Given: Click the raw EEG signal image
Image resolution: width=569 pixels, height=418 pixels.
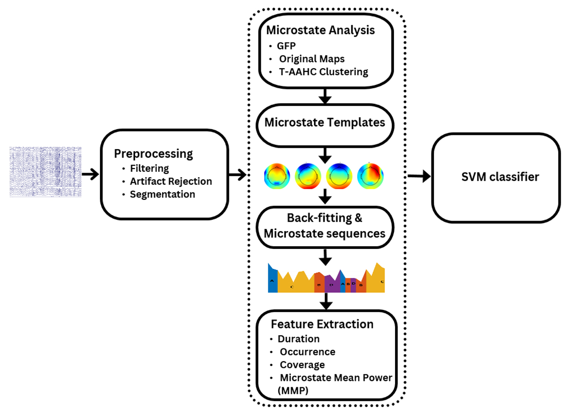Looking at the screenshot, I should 46,171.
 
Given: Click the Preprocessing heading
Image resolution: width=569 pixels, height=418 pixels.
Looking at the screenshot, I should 153,154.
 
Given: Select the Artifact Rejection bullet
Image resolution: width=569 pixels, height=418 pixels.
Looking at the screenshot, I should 171,181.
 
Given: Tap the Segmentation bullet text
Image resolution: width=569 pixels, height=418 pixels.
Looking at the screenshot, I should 162,194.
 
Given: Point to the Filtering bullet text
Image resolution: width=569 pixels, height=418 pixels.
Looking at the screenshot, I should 149,169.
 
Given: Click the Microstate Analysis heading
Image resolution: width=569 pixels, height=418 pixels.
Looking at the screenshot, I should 321,30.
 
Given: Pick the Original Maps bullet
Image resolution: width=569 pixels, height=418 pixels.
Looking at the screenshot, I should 312,59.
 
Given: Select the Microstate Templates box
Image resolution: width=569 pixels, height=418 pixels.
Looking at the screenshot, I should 324,122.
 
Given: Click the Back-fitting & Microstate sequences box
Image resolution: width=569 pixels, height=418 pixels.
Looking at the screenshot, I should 324,227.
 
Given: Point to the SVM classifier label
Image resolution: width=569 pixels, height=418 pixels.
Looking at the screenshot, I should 500,178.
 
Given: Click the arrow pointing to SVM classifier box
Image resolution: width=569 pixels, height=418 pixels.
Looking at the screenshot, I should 419,176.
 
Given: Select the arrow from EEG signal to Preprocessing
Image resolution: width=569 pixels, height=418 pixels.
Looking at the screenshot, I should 90,175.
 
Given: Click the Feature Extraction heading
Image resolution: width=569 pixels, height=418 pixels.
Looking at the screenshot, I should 322,324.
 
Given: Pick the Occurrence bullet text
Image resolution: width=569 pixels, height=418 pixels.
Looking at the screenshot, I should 307,352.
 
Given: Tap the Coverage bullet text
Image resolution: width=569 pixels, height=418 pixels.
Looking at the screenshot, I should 302,365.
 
